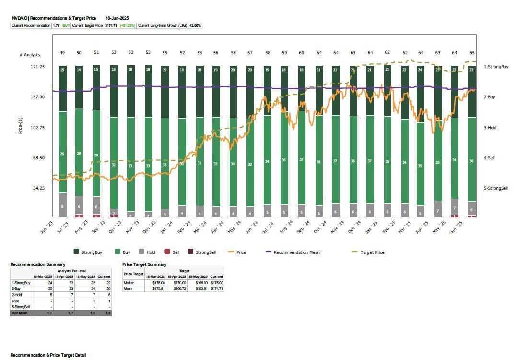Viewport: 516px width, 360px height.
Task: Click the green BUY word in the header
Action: pyautogui.click(x=66, y=25)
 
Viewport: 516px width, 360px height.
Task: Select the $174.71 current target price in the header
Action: pyautogui.click(x=111, y=25)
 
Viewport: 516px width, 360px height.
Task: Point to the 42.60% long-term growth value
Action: pyautogui.click(x=196, y=25)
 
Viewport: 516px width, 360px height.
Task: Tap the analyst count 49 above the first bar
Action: pyautogui.click(x=62, y=53)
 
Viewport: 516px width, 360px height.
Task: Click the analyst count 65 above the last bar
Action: pyautogui.click(x=472, y=53)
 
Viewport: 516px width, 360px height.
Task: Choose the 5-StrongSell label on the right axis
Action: pyautogui.click(x=496, y=188)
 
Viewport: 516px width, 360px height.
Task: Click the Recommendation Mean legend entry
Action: pyautogui.click(x=296, y=252)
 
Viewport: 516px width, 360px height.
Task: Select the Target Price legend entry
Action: pyautogui.click(x=373, y=252)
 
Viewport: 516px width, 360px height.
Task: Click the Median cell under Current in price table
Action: pyautogui.click(x=216, y=283)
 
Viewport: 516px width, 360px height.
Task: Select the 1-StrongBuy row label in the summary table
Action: pyautogui.click(x=21, y=283)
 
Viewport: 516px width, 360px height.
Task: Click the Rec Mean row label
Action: pyautogui.click(x=20, y=312)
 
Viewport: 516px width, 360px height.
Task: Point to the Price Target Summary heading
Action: pyautogui.click(x=144, y=264)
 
